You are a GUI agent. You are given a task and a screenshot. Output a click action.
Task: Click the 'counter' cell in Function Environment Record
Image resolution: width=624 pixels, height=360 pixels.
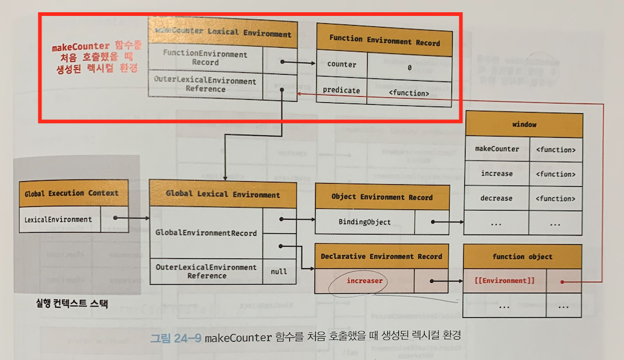(x=341, y=65)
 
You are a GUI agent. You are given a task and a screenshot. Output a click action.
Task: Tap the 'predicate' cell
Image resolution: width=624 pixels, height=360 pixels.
(x=341, y=91)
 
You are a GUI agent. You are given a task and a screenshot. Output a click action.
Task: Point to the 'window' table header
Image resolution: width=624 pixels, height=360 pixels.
(x=524, y=124)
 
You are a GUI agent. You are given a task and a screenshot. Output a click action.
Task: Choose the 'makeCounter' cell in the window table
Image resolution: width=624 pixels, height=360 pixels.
(x=497, y=149)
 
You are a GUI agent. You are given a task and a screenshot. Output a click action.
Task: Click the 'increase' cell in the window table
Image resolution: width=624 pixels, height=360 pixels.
(x=497, y=174)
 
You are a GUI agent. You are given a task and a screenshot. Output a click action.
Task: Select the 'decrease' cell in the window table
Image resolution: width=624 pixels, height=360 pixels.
(x=497, y=198)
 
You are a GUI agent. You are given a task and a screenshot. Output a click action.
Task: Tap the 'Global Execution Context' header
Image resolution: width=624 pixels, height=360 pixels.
(x=72, y=193)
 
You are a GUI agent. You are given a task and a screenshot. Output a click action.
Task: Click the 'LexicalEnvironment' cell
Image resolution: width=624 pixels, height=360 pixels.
(x=58, y=219)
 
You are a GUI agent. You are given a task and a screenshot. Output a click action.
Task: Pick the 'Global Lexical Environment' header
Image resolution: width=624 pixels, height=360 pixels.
(x=223, y=195)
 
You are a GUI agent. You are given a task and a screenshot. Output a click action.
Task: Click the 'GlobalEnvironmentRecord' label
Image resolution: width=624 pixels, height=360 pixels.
(x=206, y=233)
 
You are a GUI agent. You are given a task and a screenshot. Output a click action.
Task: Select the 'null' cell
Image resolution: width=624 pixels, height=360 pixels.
(x=279, y=271)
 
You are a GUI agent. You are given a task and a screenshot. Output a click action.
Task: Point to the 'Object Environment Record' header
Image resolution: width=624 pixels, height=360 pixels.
(x=382, y=198)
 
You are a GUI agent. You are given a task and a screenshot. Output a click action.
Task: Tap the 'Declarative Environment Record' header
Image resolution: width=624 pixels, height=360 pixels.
(x=382, y=257)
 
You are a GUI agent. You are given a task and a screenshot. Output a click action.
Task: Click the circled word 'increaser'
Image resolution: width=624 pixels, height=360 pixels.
(x=365, y=281)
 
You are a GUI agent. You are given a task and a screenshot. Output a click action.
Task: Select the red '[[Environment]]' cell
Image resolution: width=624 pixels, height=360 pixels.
(x=505, y=281)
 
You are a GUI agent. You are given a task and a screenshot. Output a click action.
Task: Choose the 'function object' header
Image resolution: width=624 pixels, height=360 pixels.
(x=522, y=257)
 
